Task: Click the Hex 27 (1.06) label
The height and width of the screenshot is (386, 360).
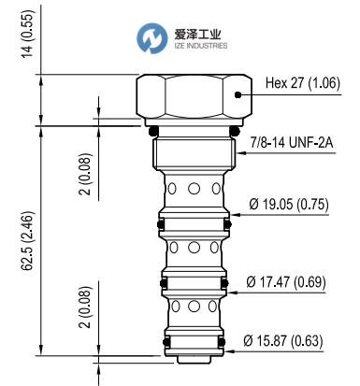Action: click(x=303, y=83)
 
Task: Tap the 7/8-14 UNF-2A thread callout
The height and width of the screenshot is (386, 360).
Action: click(x=292, y=143)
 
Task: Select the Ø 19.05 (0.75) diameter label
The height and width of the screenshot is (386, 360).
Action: click(x=289, y=205)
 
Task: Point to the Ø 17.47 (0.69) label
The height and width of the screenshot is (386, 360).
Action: click(x=286, y=282)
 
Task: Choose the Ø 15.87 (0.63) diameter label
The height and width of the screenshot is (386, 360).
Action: click(x=283, y=340)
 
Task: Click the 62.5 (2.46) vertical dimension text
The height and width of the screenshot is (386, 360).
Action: click(x=28, y=241)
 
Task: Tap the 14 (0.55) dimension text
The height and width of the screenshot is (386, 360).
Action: click(x=28, y=34)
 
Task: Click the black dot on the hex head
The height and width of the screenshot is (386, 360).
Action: click(x=238, y=95)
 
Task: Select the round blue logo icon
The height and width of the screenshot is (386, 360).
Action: click(x=152, y=38)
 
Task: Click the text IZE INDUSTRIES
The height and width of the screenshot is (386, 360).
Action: click(x=201, y=46)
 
